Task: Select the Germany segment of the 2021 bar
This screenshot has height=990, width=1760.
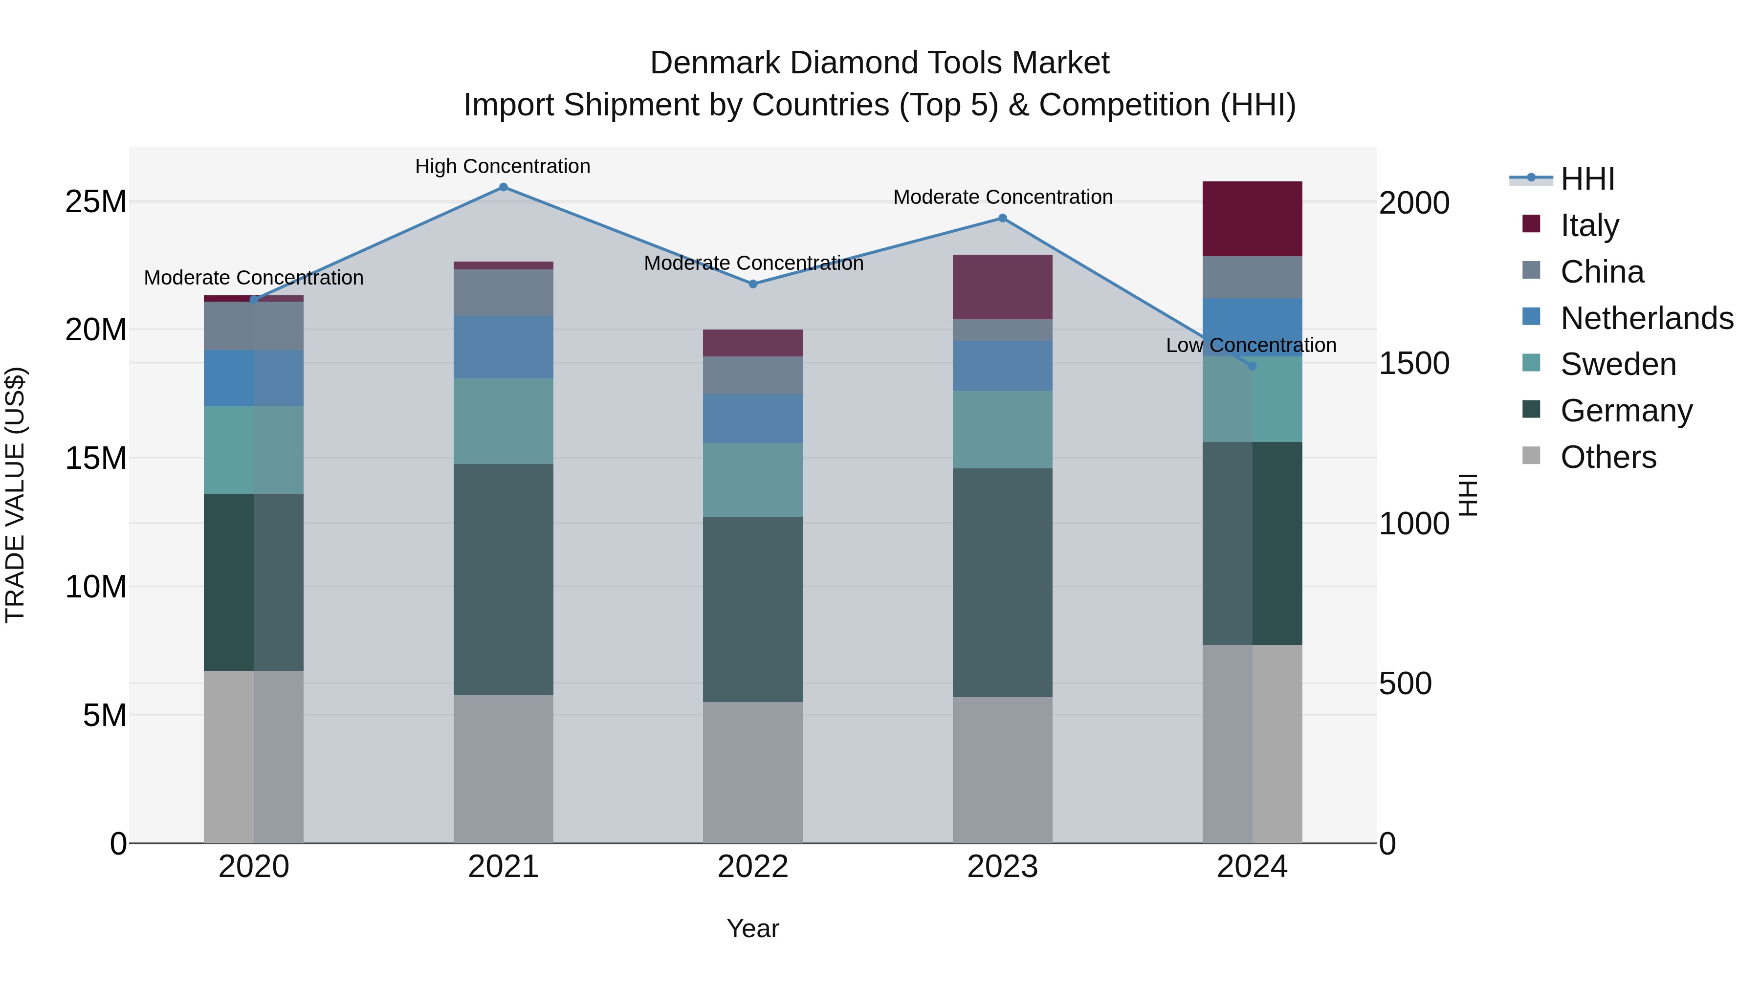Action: coord(503,579)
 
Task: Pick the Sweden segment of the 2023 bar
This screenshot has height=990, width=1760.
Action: coord(1002,429)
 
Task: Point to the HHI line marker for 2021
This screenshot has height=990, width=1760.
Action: coord(503,187)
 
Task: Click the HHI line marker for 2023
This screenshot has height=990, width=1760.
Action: coord(1002,218)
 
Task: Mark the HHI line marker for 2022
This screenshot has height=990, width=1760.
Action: coord(753,284)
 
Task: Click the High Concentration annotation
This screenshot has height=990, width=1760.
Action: coord(503,166)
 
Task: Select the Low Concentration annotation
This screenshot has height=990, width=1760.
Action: coord(1251,345)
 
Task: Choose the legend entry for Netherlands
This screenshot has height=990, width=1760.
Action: coord(1647,318)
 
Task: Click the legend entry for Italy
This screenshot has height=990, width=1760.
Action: coord(1589,225)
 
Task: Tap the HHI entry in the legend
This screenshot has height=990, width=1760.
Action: coord(1587,179)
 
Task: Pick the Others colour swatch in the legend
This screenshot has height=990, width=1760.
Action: coord(1531,456)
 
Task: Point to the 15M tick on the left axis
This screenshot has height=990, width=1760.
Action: coord(96,458)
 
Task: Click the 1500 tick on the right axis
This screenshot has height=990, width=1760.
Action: coord(1413,363)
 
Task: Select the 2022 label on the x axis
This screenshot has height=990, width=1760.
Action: coord(753,867)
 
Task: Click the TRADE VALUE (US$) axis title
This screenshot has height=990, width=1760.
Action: coord(15,495)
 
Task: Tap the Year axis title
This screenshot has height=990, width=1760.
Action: coord(753,928)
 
